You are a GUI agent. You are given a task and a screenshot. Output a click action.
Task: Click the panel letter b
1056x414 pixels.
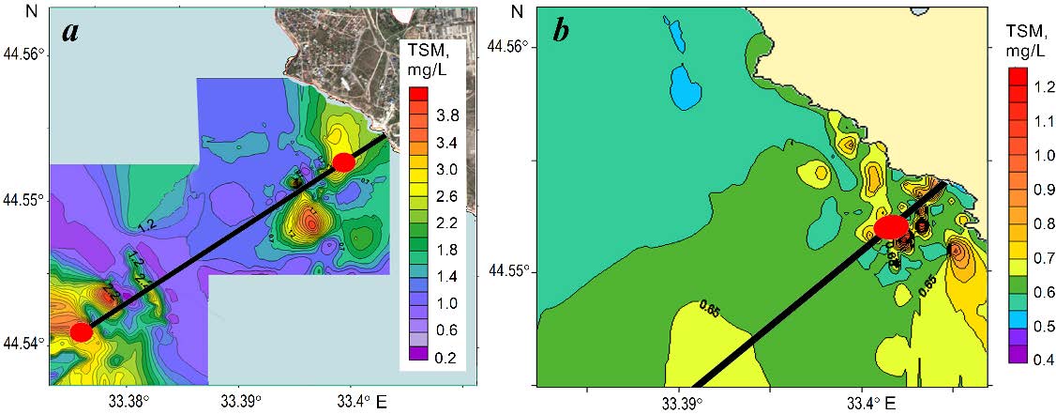(561, 30)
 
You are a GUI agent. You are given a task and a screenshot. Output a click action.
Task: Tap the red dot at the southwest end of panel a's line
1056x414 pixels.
(82, 331)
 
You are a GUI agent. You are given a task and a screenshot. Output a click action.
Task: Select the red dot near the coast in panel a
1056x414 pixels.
(344, 161)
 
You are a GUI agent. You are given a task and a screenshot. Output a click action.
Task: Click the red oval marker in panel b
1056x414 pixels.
(890, 227)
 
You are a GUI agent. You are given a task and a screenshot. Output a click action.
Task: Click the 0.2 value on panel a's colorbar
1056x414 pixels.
(447, 357)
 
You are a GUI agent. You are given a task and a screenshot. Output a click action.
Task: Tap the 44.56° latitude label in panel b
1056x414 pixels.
(513, 46)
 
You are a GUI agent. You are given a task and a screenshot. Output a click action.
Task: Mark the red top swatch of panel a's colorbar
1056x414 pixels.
(420, 94)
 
